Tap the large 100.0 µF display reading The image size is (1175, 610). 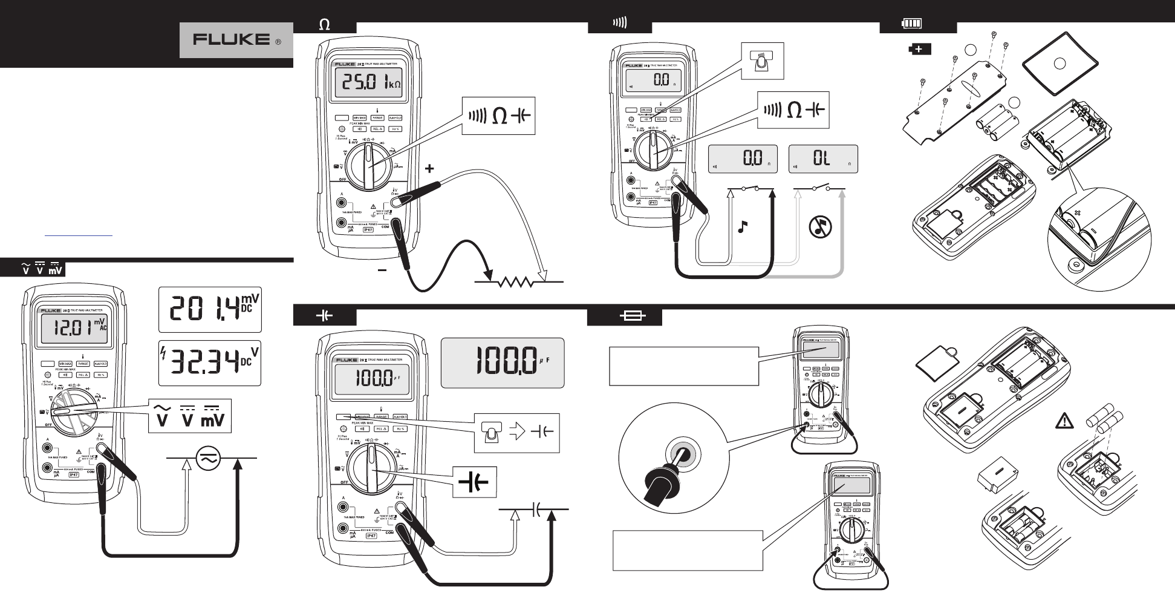(x=503, y=362)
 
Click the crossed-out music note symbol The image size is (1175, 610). (x=820, y=228)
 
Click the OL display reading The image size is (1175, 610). (x=822, y=159)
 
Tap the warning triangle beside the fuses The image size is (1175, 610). (x=1064, y=420)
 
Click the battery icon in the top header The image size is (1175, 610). (x=912, y=24)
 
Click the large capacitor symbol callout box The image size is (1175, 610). (x=474, y=482)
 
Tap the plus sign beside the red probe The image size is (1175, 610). (x=429, y=169)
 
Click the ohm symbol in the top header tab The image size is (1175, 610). (x=325, y=25)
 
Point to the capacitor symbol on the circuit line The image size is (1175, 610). (x=535, y=510)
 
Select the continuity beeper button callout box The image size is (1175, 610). (x=763, y=61)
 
